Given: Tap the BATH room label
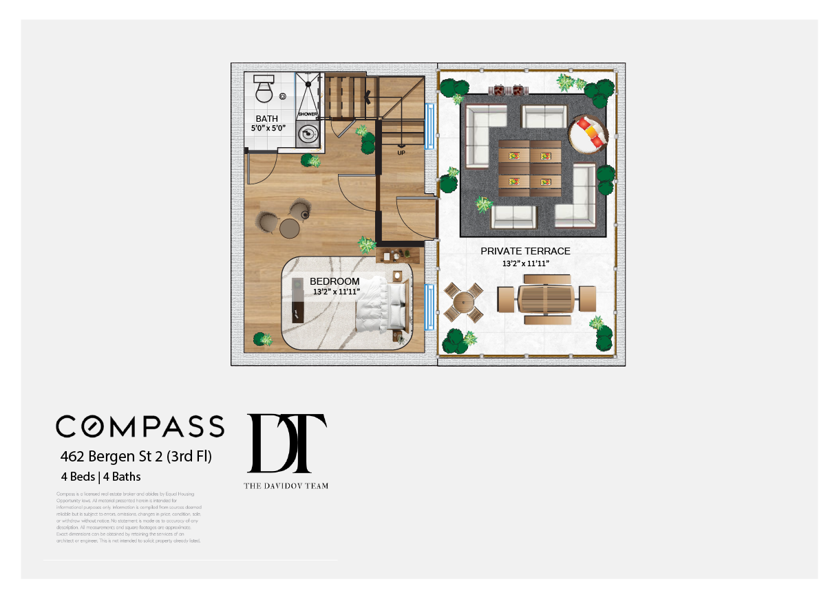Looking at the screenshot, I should point(266,119).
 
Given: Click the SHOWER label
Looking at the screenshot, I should point(308,113).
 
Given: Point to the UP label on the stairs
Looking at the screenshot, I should point(401,153).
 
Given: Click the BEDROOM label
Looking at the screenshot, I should point(334,281).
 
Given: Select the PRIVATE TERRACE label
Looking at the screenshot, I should point(525,251).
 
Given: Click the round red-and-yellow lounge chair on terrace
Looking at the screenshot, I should point(588,133).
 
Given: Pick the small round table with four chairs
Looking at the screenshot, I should point(463,301).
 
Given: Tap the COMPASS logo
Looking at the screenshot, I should point(140,426).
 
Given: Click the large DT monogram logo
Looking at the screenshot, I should point(286,444).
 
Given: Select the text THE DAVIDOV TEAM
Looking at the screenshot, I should point(286,486).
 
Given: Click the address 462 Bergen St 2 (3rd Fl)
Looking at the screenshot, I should point(136,456).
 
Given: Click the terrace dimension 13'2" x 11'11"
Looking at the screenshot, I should point(525,263).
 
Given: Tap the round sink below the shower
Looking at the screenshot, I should point(308,134).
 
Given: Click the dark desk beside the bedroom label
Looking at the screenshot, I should point(297,300).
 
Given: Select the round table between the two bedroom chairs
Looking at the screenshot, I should point(288,228).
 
